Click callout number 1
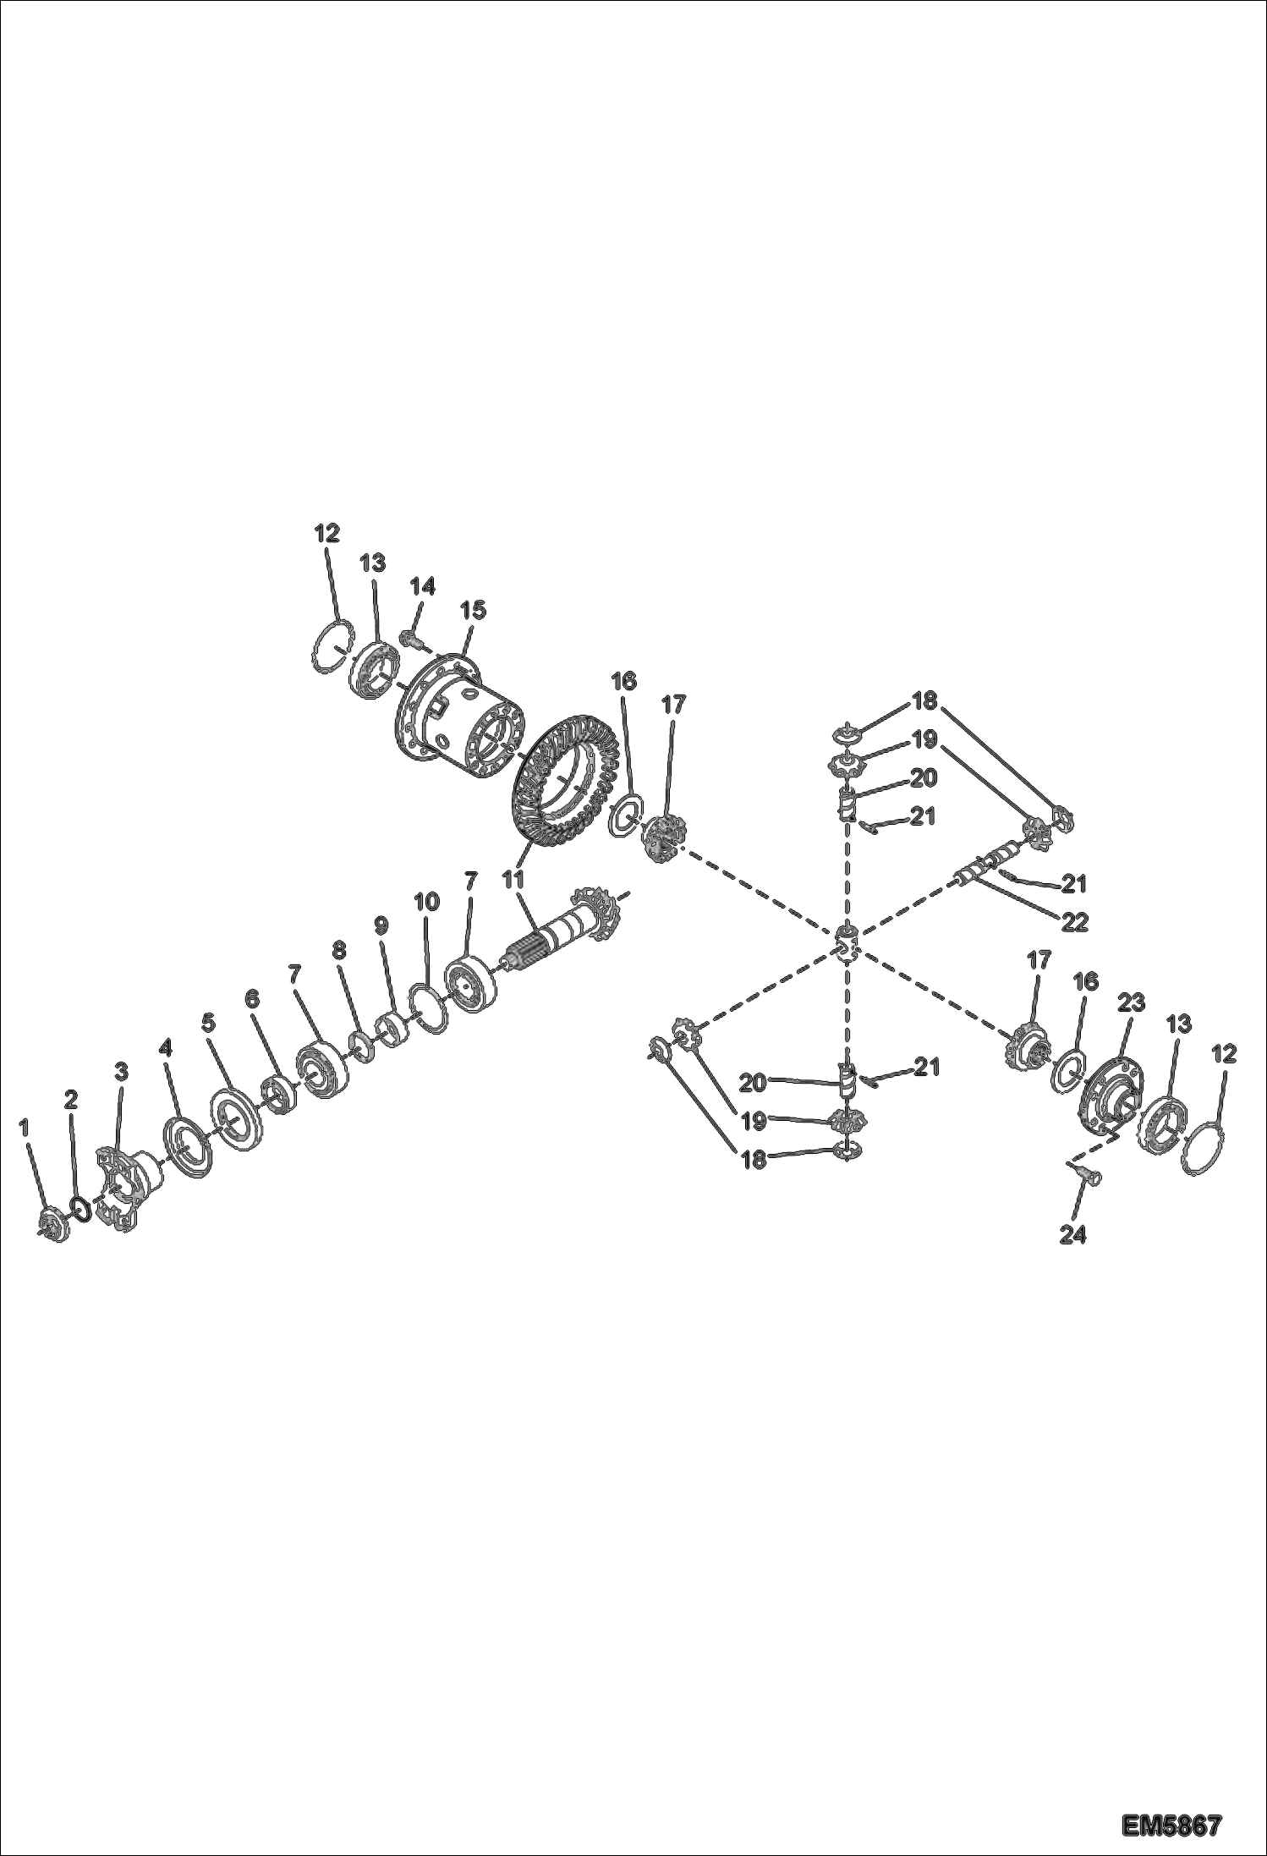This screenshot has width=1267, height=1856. coord(25,1127)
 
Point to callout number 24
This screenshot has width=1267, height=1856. coord(1072,1235)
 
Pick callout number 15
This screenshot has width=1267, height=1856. coord(473,609)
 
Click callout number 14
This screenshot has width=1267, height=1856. coord(422,585)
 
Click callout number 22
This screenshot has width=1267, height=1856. coord(1074,920)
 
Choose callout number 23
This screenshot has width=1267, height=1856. coord(1131,1002)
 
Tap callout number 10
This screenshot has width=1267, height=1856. coord(426,902)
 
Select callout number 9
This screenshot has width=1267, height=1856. coord(381,925)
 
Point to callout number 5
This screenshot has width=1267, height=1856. coord(208,1023)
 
